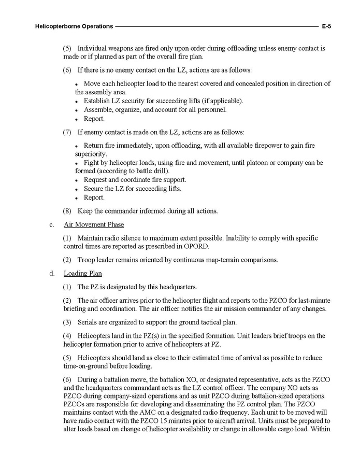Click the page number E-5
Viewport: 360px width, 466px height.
click(x=326, y=25)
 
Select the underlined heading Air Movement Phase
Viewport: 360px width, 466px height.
click(x=94, y=224)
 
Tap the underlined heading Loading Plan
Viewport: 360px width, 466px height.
click(x=82, y=273)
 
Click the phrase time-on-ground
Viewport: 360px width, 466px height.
click(x=86, y=365)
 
